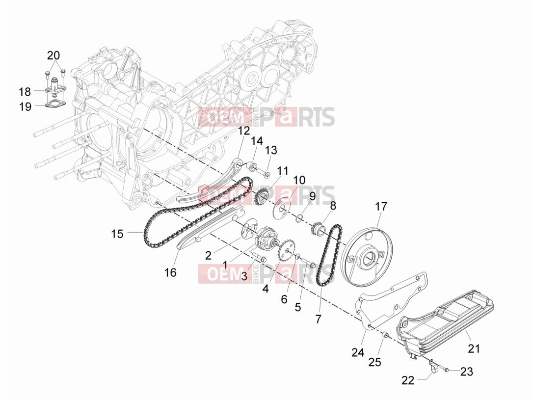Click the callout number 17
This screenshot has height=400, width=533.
[x=381, y=206]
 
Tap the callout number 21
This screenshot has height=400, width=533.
[x=474, y=348]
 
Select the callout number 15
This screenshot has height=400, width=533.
[x=117, y=234]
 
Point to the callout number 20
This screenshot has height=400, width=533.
[x=53, y=55]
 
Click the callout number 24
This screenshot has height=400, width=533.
[x=358, y=352]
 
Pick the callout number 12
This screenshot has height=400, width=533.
[x=244, y=131]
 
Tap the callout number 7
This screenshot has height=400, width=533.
[x=318, y=319]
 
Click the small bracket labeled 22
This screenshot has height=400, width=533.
[x=430, y=366]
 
